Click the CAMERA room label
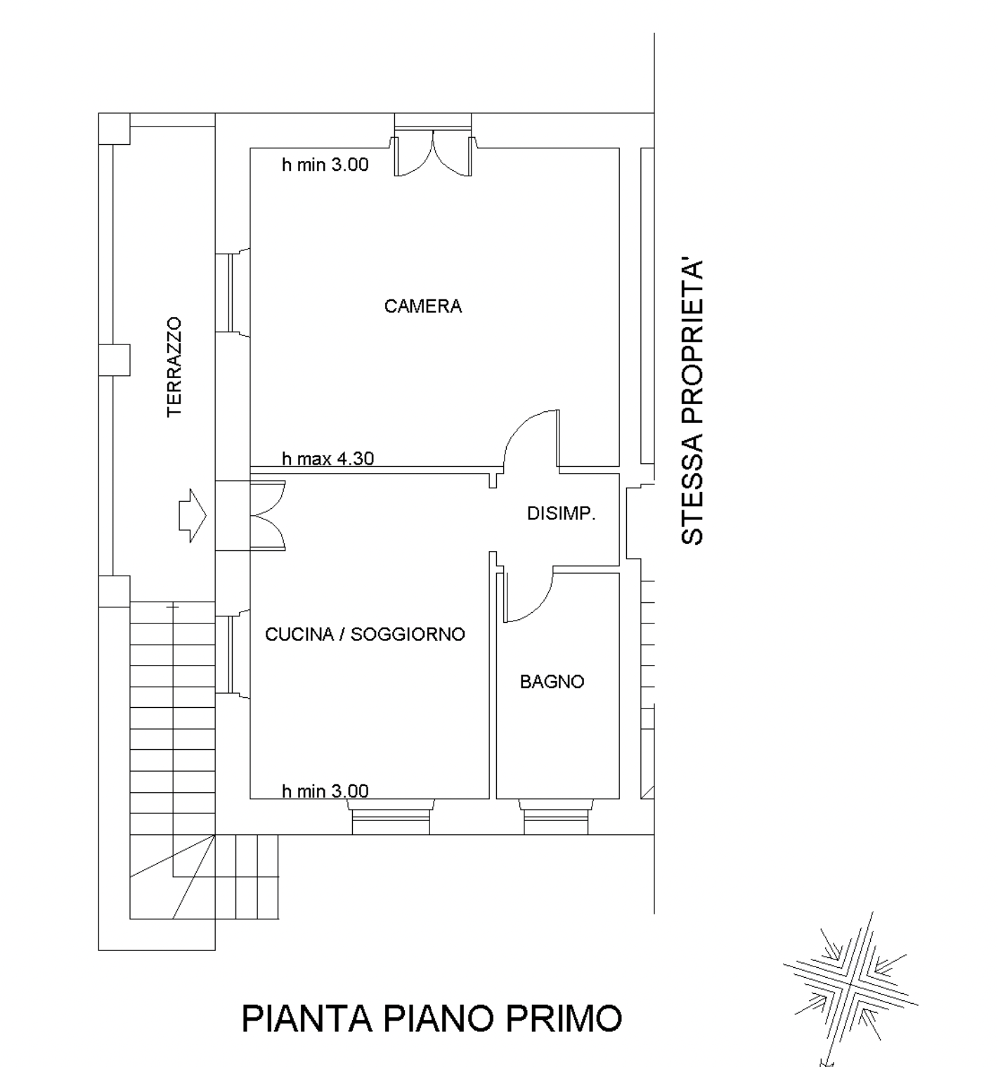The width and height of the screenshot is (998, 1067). tap(423, 306)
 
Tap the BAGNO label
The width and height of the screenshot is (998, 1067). tap(552, 682)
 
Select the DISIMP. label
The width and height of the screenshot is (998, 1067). tap(561, 514)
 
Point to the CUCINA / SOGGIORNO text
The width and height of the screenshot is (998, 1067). tap(365, 635)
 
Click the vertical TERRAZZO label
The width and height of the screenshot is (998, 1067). tap(174, 367)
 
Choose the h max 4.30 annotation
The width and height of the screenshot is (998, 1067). tap(328, 458)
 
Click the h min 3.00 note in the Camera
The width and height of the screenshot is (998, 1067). tap(325, 164)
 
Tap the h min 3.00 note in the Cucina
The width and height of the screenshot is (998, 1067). tap(325, 791)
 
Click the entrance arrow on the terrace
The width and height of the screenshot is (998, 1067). tap(193, 516)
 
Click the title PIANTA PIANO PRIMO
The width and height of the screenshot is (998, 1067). tap(432, 1018)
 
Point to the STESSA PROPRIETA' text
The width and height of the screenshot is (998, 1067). tap(692, 403)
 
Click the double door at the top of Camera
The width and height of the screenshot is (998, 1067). tap(433, 153)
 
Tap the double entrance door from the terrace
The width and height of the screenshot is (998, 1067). tap(267, 516)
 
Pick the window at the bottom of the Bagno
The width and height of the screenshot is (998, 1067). tap(556, 817)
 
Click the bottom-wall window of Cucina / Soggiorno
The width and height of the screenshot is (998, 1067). tap(391, 817)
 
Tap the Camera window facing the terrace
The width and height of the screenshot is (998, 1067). tap(232, 293)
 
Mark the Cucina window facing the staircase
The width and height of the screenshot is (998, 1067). tap(232, 654)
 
